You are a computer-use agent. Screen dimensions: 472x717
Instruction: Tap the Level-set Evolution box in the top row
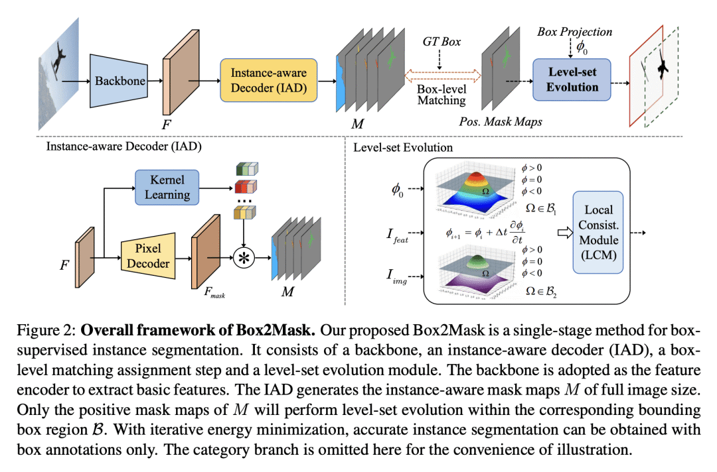[x=572, y=80]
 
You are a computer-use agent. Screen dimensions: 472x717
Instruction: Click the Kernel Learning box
[x=167, y=187]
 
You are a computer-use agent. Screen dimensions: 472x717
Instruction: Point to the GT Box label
[x=441, y=41]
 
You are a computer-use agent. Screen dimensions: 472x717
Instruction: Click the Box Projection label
[x=574, y=31]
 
